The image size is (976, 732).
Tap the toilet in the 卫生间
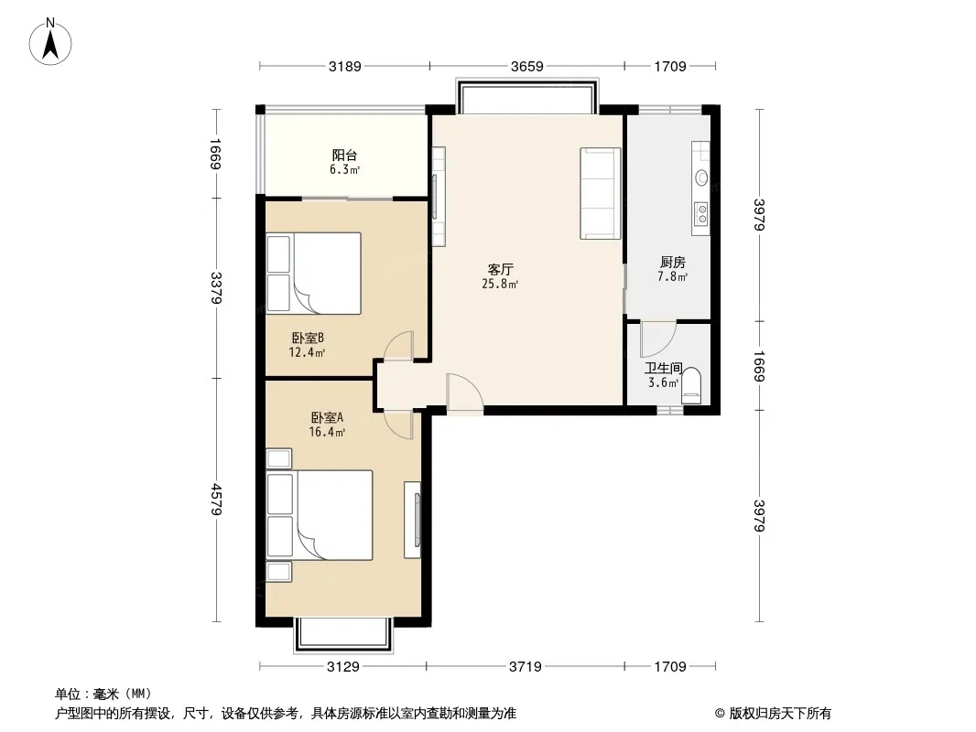[691, 386]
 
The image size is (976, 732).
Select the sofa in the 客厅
[600, 193]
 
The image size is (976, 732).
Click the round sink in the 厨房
[701, 178]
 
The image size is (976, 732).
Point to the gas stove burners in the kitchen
[701, 214]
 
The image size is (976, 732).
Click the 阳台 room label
[344, 155]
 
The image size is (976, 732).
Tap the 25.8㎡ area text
[500, 285]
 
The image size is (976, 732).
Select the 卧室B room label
[308, 339]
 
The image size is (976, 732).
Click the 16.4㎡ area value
[327, 432]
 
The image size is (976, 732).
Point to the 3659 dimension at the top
[526, 66]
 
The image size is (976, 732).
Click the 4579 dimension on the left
[216, 500]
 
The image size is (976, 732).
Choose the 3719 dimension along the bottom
[525, 667]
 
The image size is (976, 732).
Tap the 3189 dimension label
[344, 66]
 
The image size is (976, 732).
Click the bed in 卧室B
[314, 273]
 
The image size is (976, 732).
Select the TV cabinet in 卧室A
[412, 520]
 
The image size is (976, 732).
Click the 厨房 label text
[672, 263]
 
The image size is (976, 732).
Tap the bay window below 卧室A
[343, 635]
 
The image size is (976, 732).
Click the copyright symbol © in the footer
[720, 714]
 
